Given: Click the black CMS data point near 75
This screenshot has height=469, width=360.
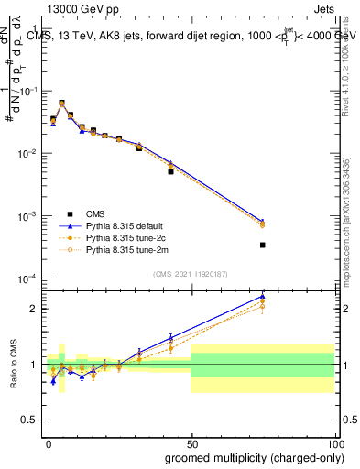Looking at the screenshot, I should [262, 245].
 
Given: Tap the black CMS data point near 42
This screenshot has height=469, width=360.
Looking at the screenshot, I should [170, 171].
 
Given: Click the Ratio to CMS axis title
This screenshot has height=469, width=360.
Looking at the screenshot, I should [14, 365].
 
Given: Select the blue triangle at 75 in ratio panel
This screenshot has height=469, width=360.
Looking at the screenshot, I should [262, 296].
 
